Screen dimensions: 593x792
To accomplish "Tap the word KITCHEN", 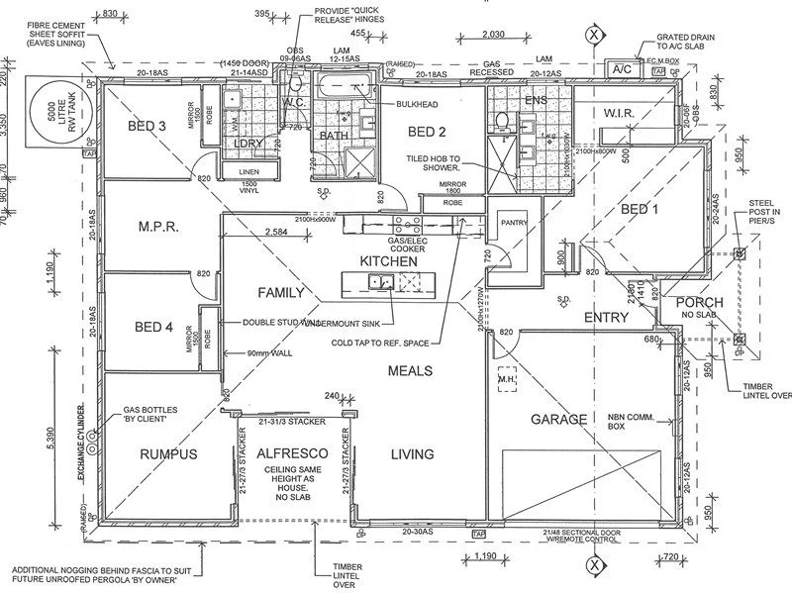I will [x=389, y=259].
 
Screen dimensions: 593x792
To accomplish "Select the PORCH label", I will [x=700, y=302].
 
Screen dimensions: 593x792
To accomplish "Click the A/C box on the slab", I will [x=622, y=69].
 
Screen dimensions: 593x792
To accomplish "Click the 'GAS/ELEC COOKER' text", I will [x=406, y=244].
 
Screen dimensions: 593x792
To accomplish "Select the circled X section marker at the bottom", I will [x=594, y=565].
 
